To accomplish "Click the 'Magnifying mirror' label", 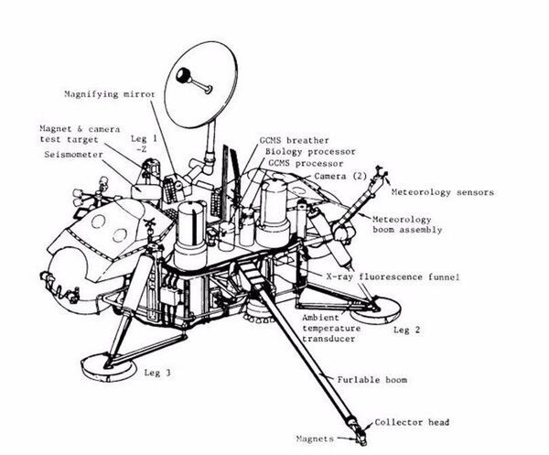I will coord(109,93).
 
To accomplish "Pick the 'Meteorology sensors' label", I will coord(442,193).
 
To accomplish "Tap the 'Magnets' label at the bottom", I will coord(321,439).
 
